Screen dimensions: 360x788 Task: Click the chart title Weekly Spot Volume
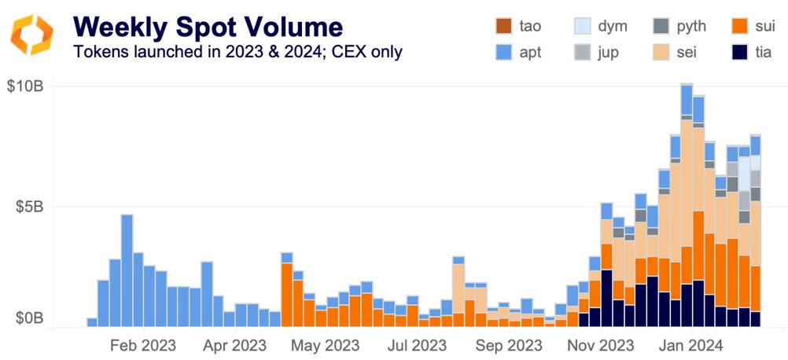pos(208,27)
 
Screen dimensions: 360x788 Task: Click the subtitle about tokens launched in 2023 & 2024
pos(238,53)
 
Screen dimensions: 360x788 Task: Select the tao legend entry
pos(517,26)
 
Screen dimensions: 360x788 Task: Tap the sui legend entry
pos(753,26)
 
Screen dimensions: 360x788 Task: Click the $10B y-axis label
pos(26,86)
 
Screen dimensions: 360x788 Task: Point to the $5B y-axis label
pos(29,207)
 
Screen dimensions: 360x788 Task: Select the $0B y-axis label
pos(29,318)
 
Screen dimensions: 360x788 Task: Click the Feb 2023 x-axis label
pos(143,345)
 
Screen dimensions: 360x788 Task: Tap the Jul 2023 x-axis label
pos(417,345)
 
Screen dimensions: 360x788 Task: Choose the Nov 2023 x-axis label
pos(601,345)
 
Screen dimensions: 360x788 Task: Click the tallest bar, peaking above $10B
pos(687,204)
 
